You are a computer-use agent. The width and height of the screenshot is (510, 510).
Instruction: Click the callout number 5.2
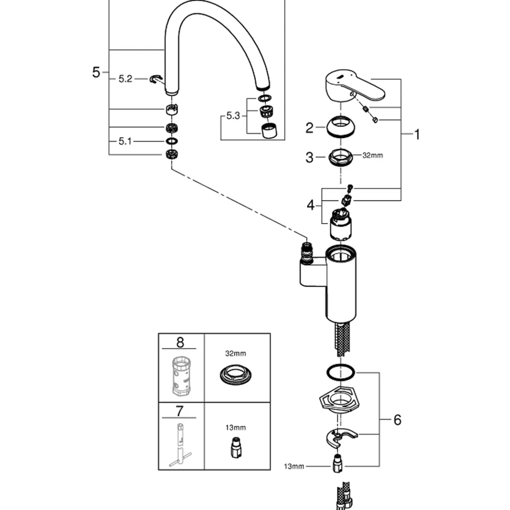[x=125, y=79]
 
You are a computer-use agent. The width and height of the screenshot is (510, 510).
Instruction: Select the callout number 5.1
[x=125, y=141]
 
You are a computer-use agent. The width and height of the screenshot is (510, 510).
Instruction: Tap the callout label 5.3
[x=233, y=115]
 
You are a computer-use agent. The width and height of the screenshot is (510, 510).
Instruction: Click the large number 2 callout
[x=309, y=128]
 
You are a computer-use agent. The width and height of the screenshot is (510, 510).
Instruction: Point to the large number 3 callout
[x=309, y=157]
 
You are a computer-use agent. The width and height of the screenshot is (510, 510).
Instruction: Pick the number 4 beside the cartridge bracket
[x=311, y=205]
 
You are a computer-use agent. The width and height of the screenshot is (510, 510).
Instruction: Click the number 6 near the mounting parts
[x=397, y=420]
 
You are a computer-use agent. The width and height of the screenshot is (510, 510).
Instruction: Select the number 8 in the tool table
[x=180, y=342]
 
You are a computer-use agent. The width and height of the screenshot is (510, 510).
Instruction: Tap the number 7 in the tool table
[x=180, y=411]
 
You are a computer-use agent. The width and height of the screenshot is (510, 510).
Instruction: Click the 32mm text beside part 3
[x=373, y=155]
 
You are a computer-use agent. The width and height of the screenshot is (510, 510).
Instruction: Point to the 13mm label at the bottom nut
[x=294, y=466]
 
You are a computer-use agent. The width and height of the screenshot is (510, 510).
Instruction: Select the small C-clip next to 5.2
[x=155, y=79]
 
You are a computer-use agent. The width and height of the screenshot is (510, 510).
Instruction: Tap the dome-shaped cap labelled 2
[x=340, y=127]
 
